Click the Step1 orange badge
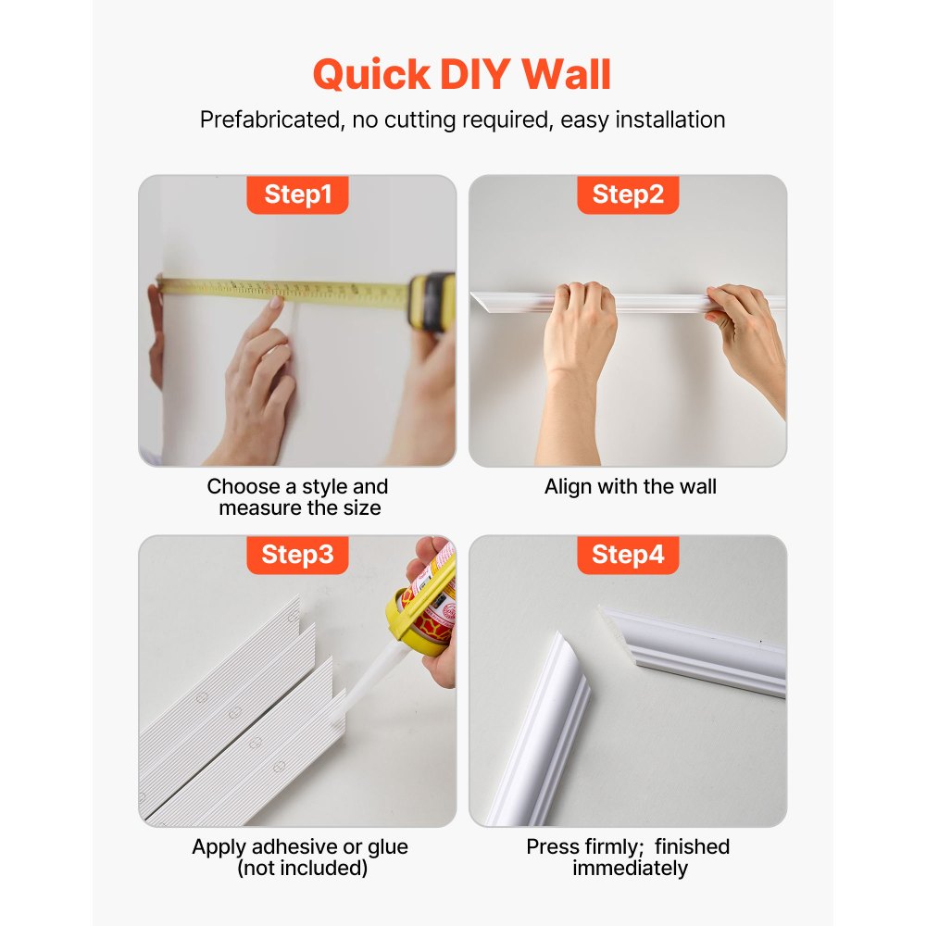click(x=297, y=194)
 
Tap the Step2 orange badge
click(x=628, y=194)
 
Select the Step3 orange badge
click(x=297, y=555)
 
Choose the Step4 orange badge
click(x=628, y=555)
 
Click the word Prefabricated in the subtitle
click(x=268, y=120)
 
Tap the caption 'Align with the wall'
click(x=630, y=487)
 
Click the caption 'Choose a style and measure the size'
click(x=298, y=497)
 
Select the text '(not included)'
click(x=301, y=869)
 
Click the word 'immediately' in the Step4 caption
click(x=630, y=869)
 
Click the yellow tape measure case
click(x=432, y=301)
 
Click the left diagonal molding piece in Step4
click(x=546, y=722)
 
